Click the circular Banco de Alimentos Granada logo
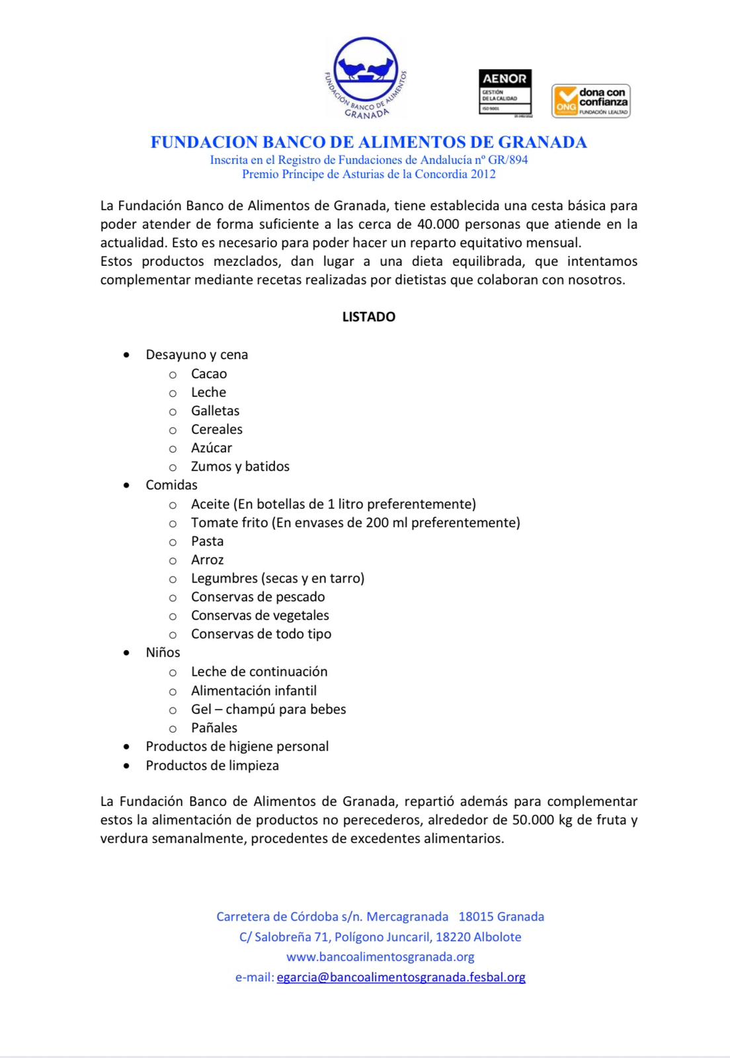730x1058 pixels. pos(366,78)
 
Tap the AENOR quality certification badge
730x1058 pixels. pos(505,93)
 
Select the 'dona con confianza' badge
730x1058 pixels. pos(590,101)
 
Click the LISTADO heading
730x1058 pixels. pos(368,317)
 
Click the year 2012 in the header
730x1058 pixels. pos(483,175)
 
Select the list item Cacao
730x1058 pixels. pos(209,374)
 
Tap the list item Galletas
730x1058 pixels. pos(215,411)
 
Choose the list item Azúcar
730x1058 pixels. pos(212,448)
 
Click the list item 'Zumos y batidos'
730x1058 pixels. pos(240,466)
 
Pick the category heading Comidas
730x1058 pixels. pos(171,485)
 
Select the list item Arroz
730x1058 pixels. pos(207,559)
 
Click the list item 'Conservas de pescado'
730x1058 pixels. pos(258,596)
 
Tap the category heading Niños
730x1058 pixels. pos(163,652)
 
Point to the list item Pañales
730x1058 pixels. pos(214,727)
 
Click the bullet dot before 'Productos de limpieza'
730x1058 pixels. pos(126,765)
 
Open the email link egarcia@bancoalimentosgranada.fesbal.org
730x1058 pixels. pos(401,977)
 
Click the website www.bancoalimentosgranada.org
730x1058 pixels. pos(380,957)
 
